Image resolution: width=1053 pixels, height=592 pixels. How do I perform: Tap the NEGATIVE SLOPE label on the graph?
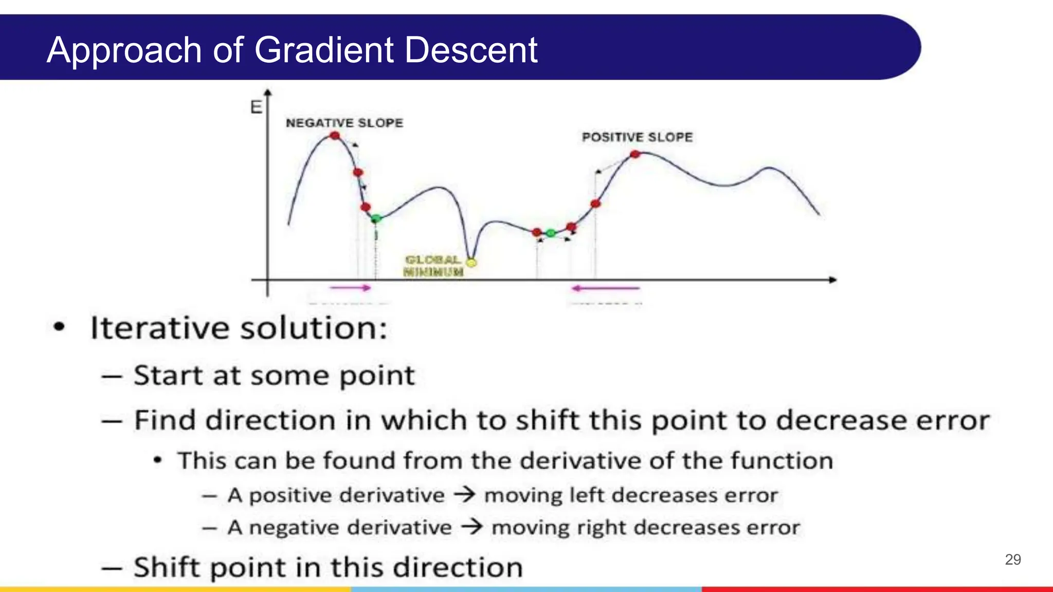tap(344, 123)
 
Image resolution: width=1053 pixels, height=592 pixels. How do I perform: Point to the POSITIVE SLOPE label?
tap(637, 137)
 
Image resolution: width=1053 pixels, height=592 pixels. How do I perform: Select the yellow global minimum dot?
tap(471, 263)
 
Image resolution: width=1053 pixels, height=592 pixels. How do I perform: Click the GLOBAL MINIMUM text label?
tap(433, 266)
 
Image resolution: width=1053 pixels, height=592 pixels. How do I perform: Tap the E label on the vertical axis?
tap(256, 107)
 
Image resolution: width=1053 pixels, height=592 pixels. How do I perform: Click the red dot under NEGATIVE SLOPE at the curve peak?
tap(335, 136)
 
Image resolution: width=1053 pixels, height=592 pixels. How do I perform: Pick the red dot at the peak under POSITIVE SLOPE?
tap(635, 154)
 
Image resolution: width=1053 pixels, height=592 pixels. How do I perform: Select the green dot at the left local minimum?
tap(376, 219)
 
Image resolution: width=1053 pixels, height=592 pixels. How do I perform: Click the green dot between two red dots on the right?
tap(551, 233)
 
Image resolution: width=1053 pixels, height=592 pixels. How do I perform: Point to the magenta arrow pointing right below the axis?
tap(350, 288)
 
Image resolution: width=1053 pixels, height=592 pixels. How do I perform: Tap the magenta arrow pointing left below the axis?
tap(606, 288)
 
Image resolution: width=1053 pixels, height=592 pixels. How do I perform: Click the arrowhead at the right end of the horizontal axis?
tap(832, 280)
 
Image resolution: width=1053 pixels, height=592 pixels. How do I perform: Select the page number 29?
tap(1012, 560)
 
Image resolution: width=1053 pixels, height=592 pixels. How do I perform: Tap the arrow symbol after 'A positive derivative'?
tap(464, 495)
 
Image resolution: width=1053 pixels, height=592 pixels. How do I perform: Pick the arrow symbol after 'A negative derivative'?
tap(471, 527)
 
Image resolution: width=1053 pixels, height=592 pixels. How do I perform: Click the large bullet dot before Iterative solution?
tap(60, 327)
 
